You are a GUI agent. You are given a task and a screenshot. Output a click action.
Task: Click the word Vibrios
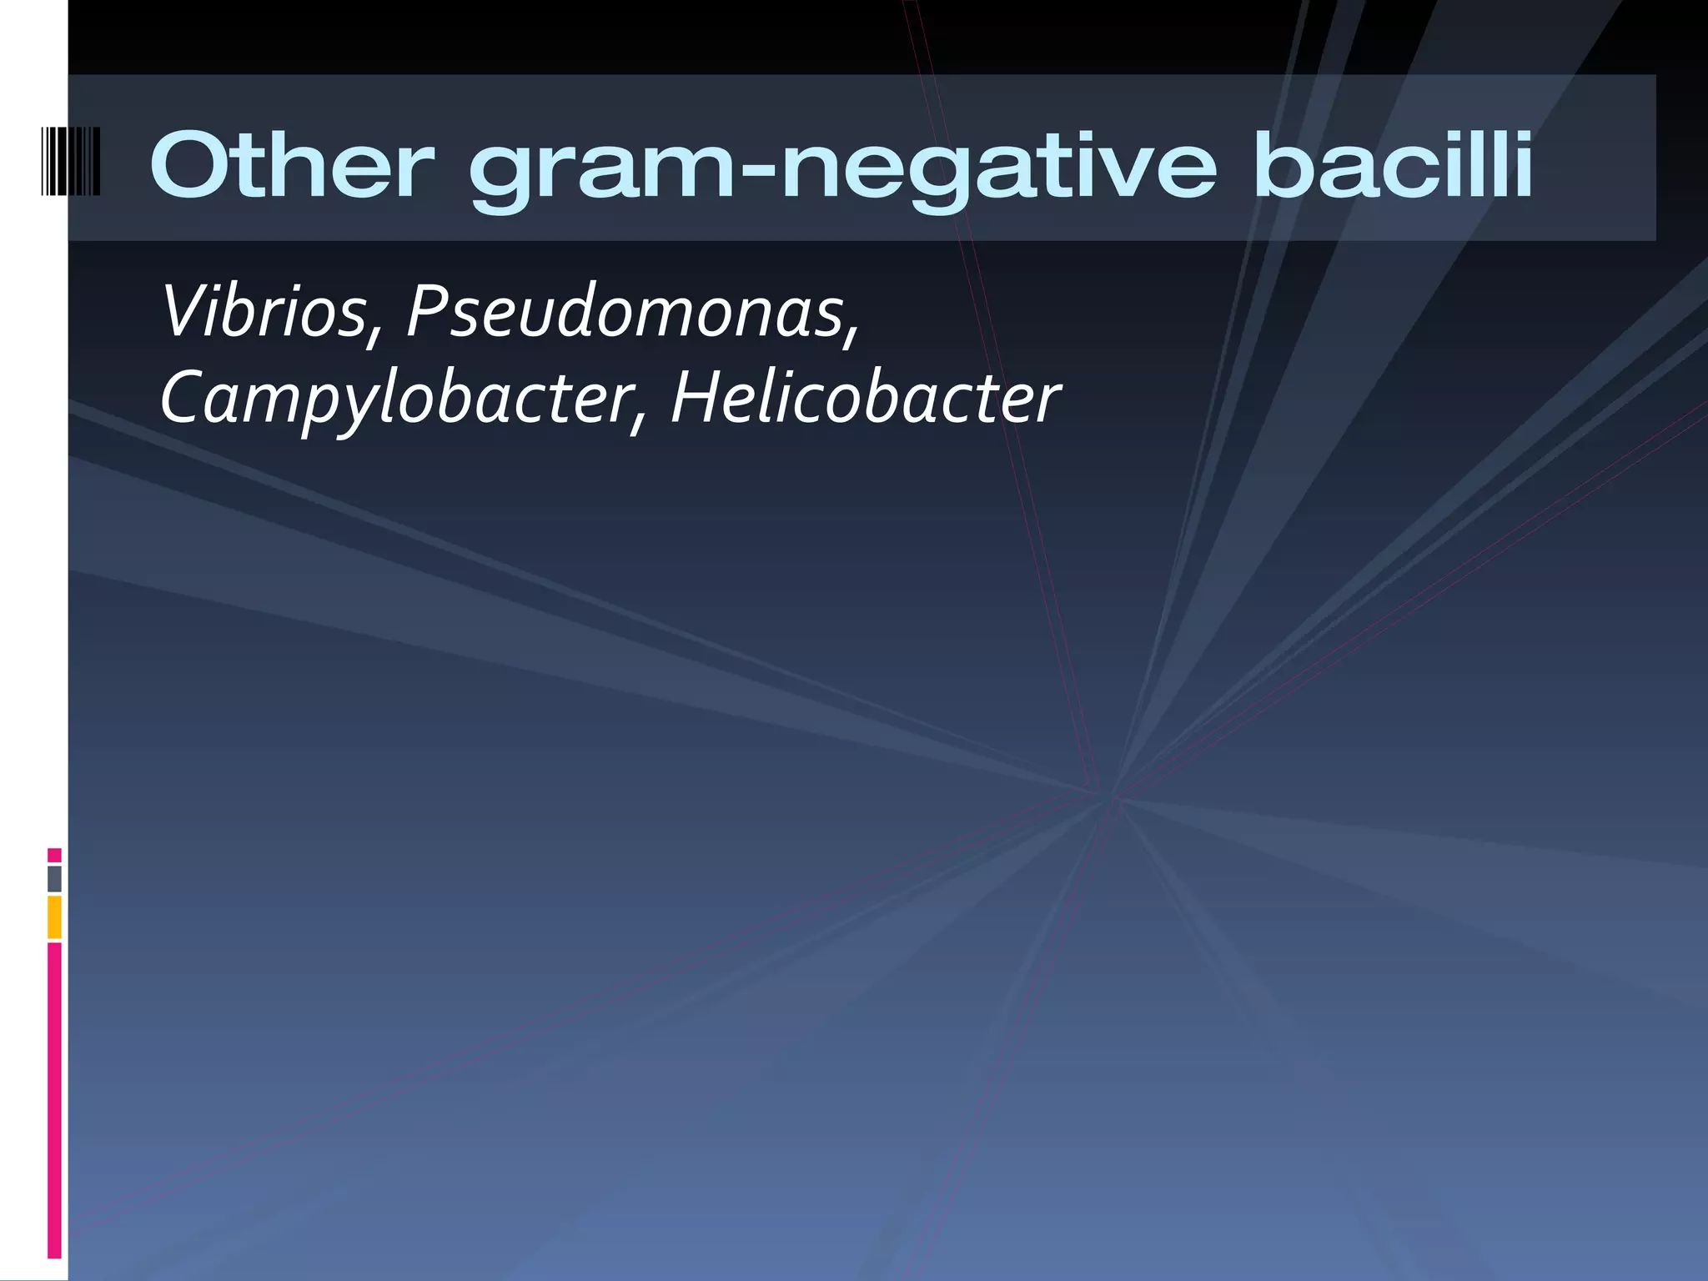coord(264,312)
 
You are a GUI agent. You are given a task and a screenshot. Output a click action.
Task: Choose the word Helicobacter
coord(865,399)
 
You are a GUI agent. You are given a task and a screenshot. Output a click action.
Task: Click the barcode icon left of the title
coord(71,161)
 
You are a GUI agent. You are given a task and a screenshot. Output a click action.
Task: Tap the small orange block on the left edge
coord(54,917)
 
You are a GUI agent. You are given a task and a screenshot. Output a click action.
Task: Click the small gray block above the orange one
coord(54,879)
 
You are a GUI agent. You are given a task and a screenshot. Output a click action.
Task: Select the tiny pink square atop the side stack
coord(54,856)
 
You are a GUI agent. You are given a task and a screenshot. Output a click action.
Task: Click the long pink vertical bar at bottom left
coord(54,1101)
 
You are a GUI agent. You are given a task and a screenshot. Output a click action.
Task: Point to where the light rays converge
coord(1113,796)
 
